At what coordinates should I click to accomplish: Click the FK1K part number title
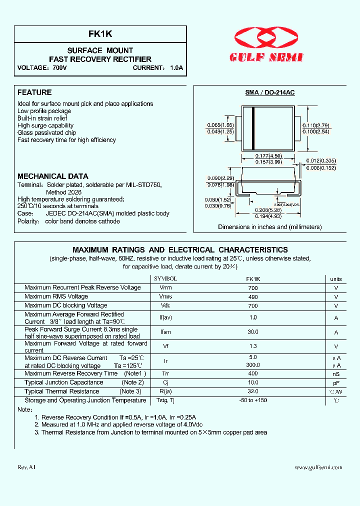100,34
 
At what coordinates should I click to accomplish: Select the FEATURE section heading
34,92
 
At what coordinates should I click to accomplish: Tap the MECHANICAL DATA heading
53,176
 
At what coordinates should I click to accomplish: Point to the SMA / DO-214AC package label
269,93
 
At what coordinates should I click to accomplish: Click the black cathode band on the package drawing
253,129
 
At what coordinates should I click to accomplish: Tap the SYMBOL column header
165,279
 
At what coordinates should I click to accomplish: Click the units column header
336,279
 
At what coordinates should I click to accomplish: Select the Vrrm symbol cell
165,288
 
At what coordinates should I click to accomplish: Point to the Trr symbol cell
165,374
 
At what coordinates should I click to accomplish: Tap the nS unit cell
336,374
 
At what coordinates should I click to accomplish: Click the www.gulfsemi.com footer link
318,467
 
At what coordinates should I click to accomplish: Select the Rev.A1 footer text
26,467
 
